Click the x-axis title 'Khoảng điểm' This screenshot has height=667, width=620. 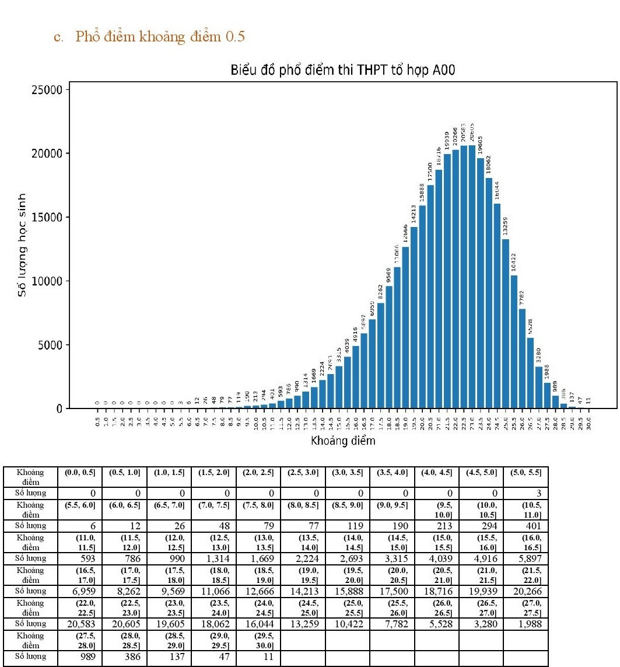pyautogui.click(x=342, y=441)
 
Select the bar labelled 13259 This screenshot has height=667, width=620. pyautogui.click(x=505, y=324)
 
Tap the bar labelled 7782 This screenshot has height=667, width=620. pyautogui.click(x=522, y=358)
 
